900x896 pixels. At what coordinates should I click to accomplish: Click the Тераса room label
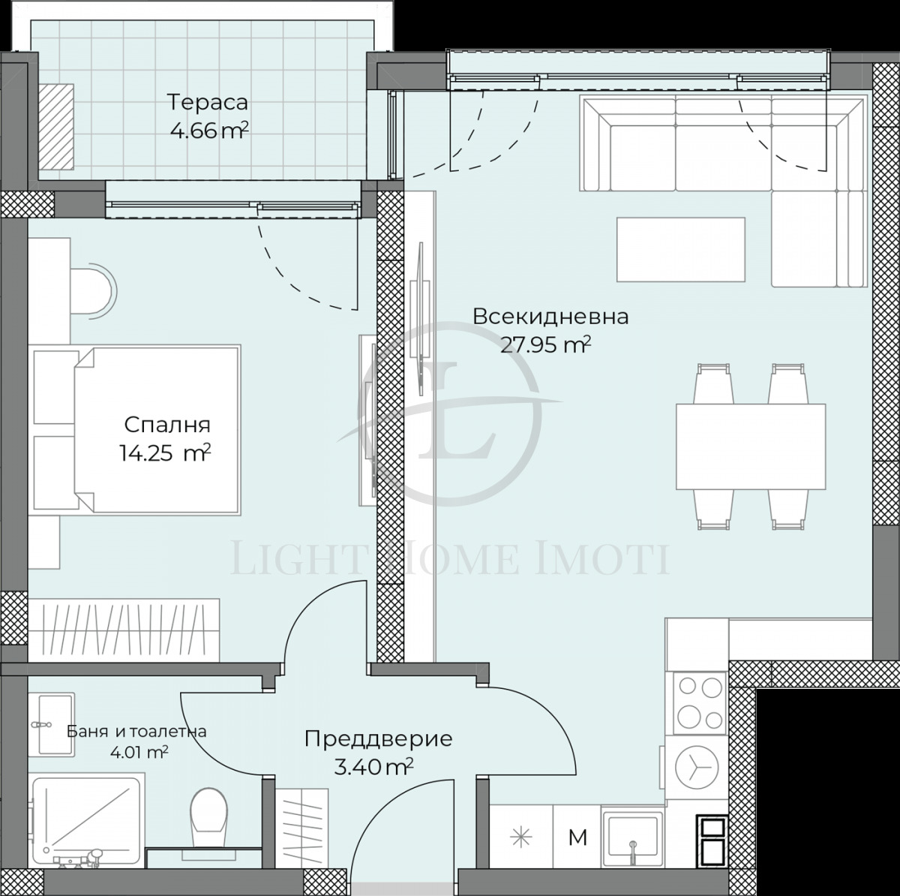coord(208,101)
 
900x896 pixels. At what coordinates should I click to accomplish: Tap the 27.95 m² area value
coord(545,344)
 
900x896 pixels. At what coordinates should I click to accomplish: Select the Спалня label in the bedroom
coord(166,425)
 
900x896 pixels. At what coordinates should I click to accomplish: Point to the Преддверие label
coord(378,738)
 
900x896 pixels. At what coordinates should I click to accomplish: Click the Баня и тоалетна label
coord(136,731)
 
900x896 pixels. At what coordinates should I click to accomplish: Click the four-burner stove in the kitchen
coord(700,703)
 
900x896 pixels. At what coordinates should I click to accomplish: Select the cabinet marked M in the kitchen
coord(577,837)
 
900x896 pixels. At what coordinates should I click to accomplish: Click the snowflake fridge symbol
coord(520,837)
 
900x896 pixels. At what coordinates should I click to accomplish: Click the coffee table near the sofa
coord(680,249)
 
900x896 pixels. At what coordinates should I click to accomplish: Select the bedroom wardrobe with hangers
coord(124,630)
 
